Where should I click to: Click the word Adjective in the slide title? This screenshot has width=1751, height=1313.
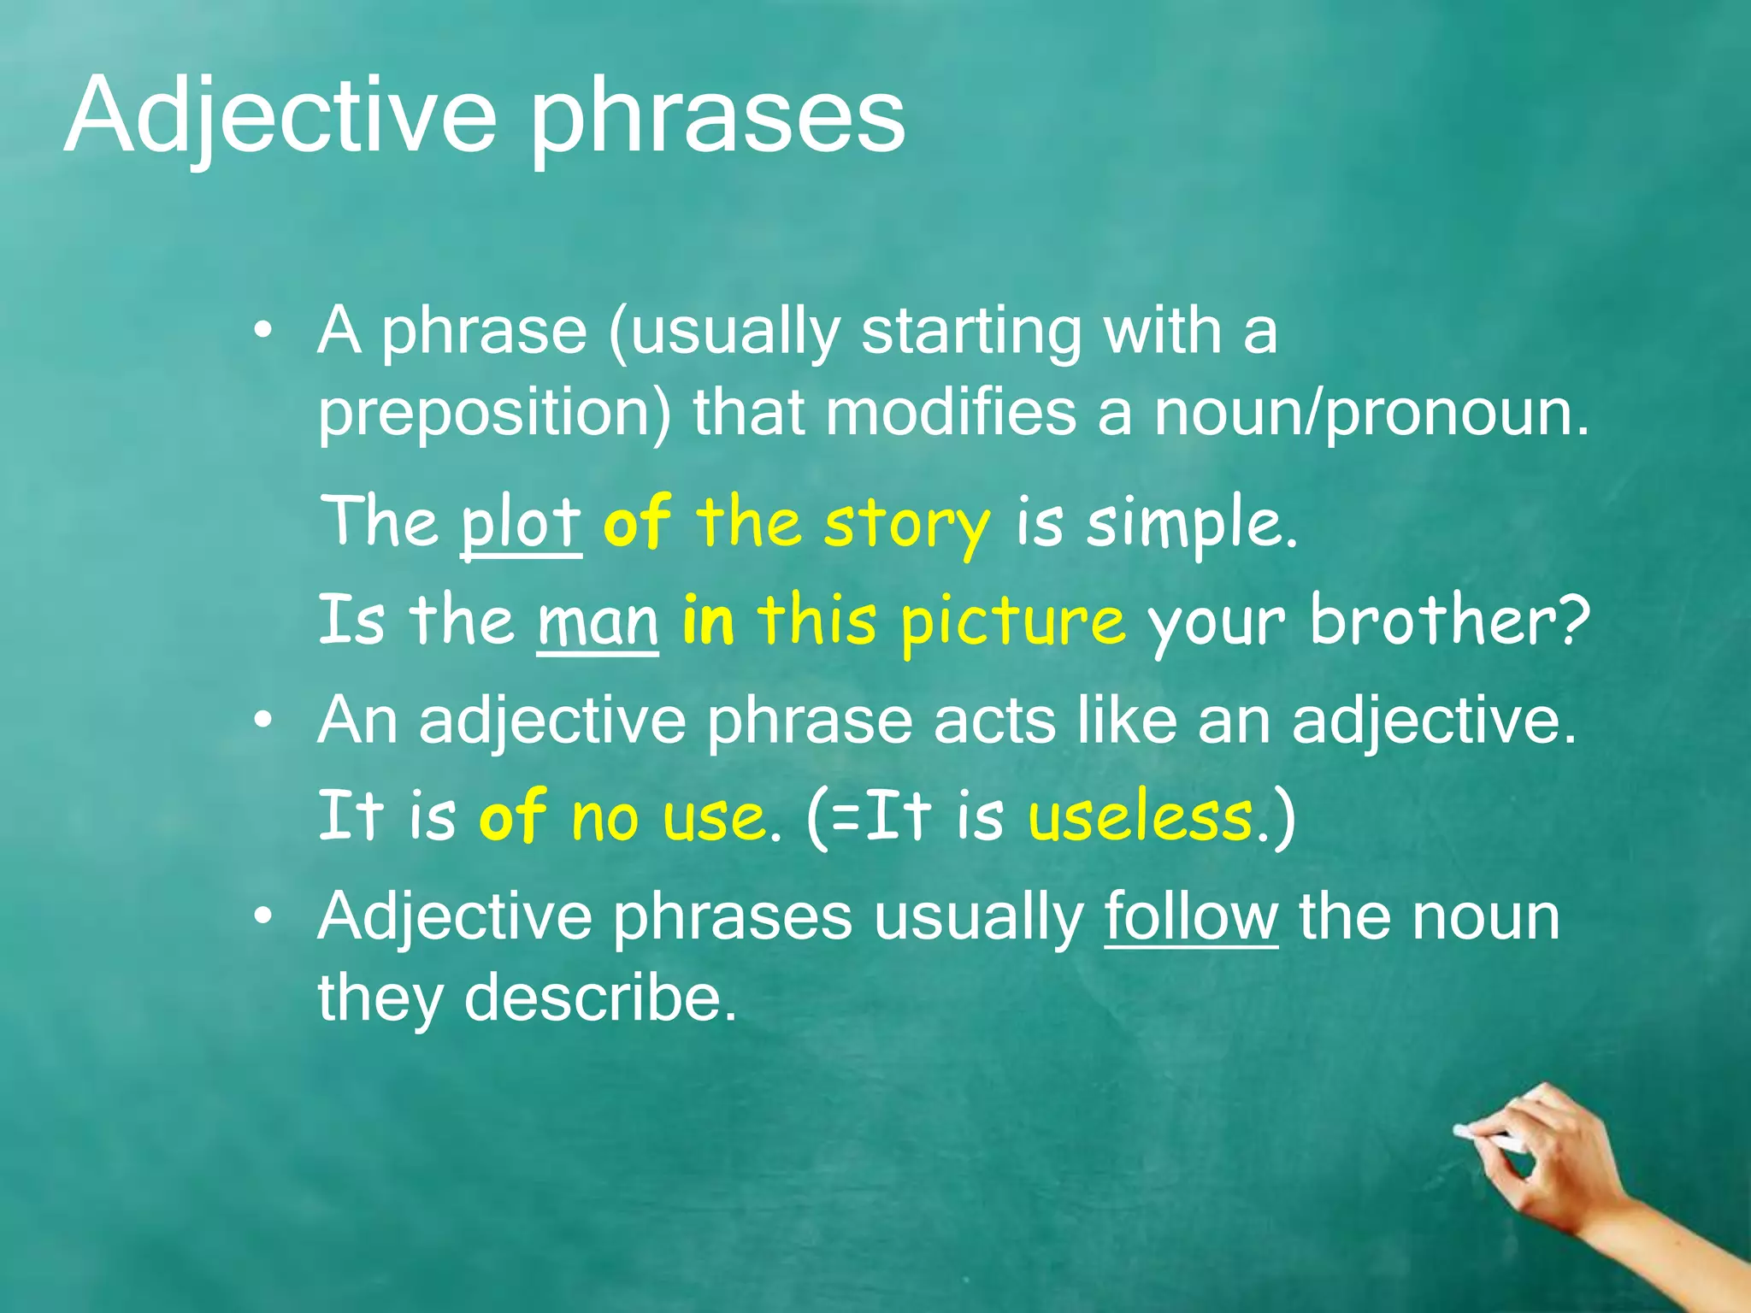(x=280, y=117)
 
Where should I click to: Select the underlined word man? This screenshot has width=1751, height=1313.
(x=598, y=621)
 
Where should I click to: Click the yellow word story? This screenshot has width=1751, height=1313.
(x=906, y=524)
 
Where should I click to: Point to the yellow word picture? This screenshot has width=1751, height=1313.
(x=1012, y=622)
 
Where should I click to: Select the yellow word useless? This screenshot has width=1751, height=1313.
(x=1140, y=816)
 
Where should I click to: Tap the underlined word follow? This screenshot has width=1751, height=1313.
(x=1191, y=917)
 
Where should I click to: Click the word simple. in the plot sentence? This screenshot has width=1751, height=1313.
(x=1192, y=524)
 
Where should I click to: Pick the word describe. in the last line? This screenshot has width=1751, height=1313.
(x=599, y=998)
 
